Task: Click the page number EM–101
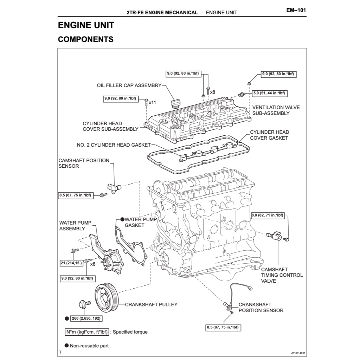[296, 10]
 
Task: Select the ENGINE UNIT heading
[86, 26]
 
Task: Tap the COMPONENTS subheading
[85, 39]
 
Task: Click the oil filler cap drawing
[175, 102]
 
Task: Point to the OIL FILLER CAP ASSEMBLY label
[129, 85]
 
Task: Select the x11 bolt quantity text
[152, 103]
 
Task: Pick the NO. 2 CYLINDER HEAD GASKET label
[114, 145]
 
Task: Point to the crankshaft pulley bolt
[84, 304]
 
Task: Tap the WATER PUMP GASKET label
[140, 222]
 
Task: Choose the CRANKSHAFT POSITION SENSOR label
[261, 307]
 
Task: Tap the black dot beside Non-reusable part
[66, 346]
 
